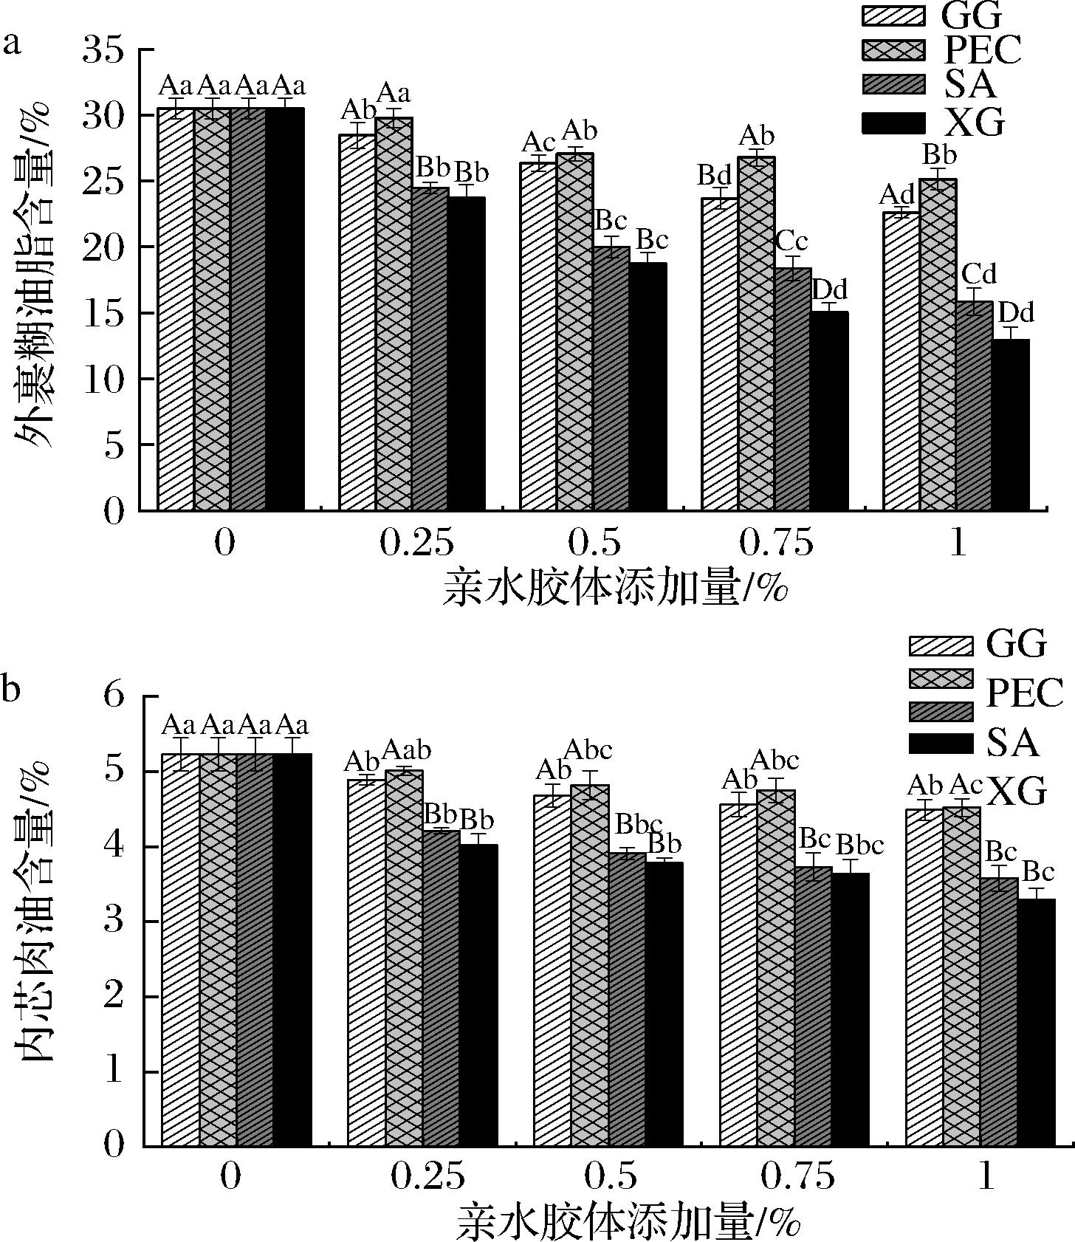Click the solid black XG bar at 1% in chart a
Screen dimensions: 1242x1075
point(1010,425)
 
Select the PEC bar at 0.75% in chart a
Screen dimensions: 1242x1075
point(756,333)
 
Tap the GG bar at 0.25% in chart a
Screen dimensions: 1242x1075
point(357,322)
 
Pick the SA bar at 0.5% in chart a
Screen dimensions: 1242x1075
point(611,378)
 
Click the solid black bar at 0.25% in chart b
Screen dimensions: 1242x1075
point(478,995)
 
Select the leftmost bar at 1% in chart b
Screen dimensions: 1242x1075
point(924,978)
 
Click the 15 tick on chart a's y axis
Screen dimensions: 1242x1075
point(112,313)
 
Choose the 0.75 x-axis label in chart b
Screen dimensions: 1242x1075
point(798,1176)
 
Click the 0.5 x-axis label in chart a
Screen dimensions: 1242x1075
point(605,543)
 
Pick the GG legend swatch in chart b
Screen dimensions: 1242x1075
point(940,645)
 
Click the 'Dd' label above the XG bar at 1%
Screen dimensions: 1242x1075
point(1016,312)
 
